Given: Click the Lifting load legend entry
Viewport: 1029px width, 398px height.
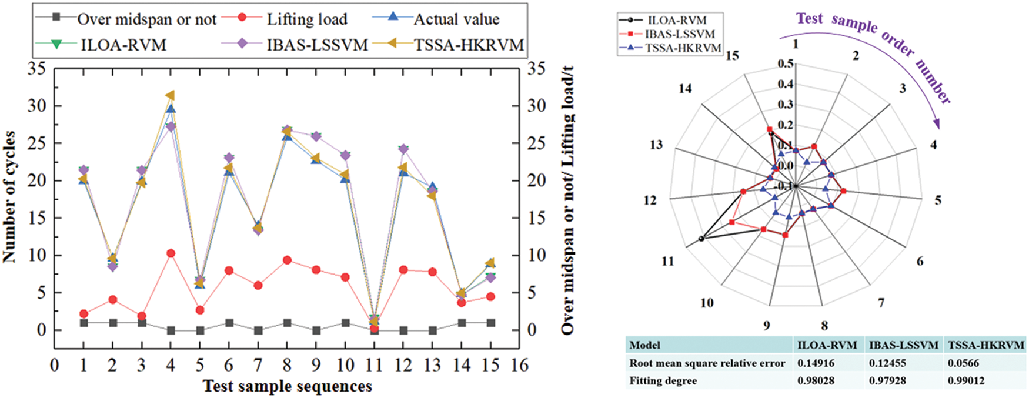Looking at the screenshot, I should click(x=306, y=19).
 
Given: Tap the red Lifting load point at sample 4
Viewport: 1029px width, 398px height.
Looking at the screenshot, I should click(x=171, y=253).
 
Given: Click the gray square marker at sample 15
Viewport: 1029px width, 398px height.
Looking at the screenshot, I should click(x=490, y=323).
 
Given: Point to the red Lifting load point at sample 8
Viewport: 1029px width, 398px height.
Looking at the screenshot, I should click(x=287, y=260).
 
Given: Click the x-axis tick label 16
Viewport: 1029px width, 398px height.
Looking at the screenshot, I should click(x=519, y=366).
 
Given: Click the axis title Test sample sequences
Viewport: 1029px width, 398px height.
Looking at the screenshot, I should click(x=287, y=386).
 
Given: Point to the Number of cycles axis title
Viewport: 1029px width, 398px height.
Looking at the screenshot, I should click(x=9, y=197).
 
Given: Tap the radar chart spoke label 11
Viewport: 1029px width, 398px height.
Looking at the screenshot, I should click(x=667, y=261).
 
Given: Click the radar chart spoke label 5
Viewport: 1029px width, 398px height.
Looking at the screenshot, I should click(x=938, y=200).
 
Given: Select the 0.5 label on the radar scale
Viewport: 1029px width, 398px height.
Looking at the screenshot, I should click(x=786, y=63).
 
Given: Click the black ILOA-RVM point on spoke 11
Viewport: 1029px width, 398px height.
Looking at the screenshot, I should click(x=701, y=239).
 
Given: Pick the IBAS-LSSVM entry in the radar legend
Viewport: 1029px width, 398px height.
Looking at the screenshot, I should click(x=679, y=34).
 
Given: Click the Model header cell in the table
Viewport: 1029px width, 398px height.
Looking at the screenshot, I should click(x=644, y=345).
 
